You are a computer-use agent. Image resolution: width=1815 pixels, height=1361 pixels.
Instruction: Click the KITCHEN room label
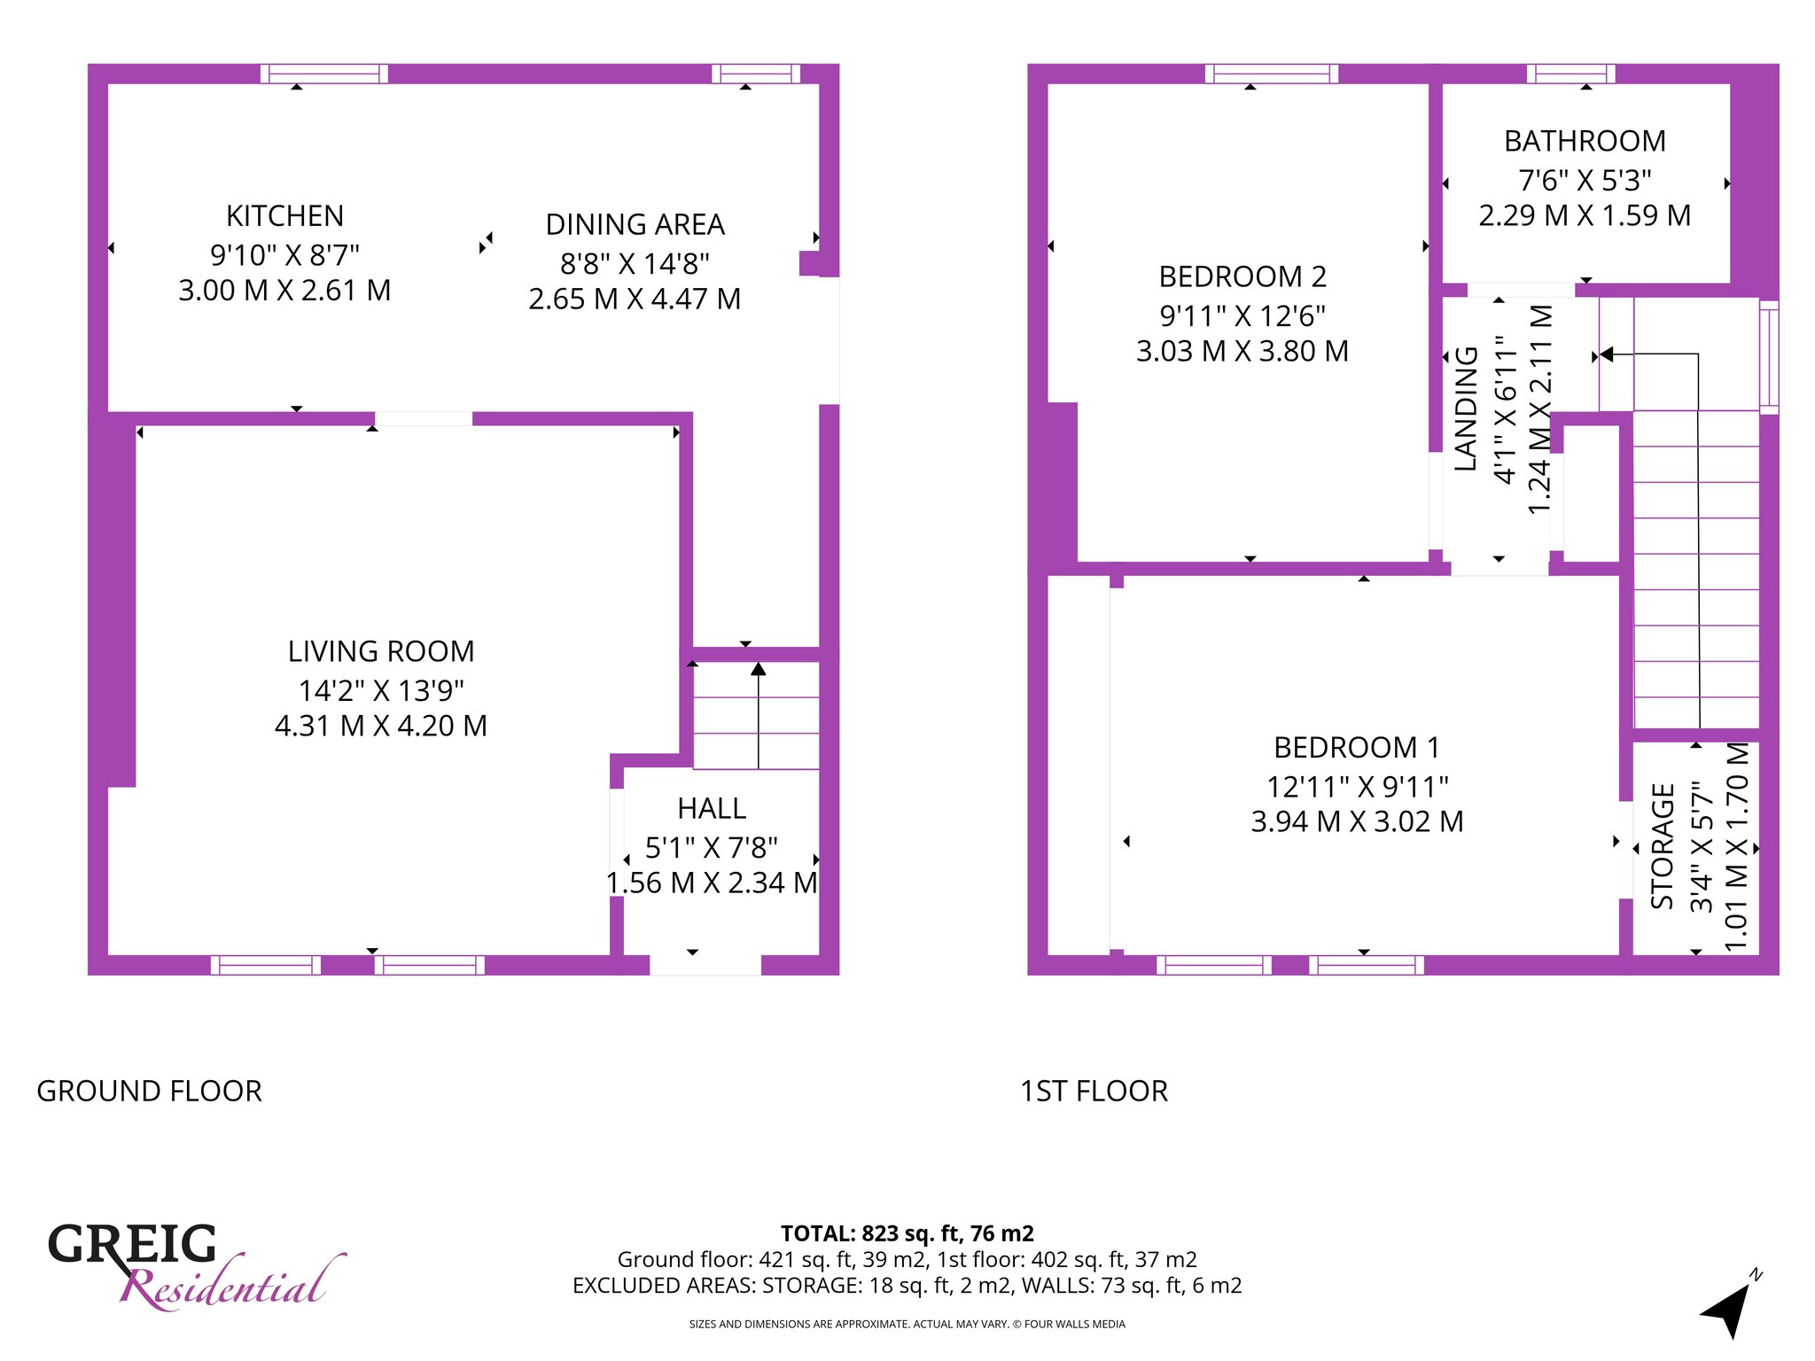coord(284,216)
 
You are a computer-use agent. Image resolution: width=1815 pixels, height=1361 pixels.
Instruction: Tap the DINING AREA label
coord(635,225)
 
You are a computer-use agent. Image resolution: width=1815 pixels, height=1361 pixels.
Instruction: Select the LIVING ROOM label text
coord(381,652)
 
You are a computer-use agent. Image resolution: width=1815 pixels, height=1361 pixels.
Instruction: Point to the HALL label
coord(712,809)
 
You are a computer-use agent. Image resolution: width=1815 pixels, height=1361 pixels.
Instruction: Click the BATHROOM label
coord(1585,142)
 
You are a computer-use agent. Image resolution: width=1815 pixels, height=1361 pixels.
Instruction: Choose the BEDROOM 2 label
coord(1242,277)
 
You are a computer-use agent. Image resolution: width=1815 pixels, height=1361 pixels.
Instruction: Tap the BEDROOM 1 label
coord(1357,748)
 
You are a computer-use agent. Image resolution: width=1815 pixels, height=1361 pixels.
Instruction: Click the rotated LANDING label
coord(1467,408)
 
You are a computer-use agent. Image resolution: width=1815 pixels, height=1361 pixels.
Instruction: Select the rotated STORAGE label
coord(1663,846)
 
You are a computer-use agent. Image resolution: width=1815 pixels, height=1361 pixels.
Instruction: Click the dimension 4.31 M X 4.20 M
coord(381,727)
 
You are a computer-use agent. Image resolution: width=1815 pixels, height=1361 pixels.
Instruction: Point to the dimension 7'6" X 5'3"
coord(1585,181)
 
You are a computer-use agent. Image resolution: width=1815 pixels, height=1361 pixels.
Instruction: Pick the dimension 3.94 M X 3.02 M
coord(1357,822)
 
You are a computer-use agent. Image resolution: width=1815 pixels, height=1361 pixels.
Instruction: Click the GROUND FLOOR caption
coord(149,1092)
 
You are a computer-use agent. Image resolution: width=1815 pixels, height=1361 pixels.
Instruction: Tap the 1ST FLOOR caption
coord(1094,1092)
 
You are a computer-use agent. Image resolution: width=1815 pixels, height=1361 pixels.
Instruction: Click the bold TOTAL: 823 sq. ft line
coord(907,1233)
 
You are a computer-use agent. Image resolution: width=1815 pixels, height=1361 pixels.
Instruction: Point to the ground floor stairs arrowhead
coord(759,669)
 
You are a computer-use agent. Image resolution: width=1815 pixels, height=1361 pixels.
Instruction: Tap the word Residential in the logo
coord(232,1284)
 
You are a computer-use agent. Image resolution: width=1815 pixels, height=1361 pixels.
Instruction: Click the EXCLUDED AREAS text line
coord(907,1286)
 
